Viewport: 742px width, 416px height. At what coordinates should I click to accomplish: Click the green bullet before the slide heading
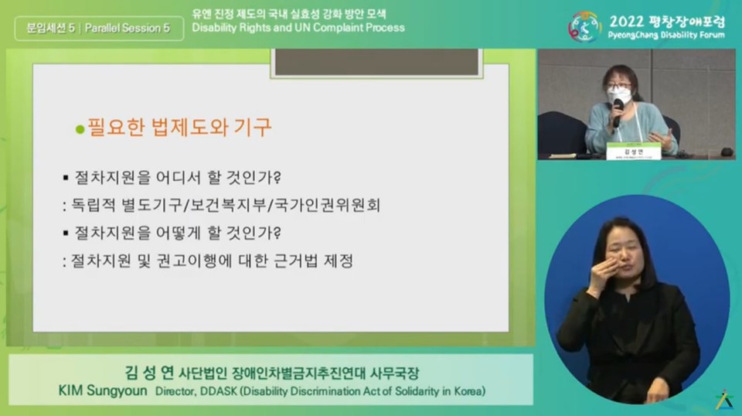pyautogui.click(x=79, y=129)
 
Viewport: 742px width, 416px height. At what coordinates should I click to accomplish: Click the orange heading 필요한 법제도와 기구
pyautogui.click(x=179, y=127)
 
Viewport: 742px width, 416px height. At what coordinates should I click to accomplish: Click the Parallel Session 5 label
pyautogui.click(x=128, y=29)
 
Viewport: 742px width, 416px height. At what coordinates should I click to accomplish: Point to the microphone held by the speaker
pyautogui.click(x=618, y=111)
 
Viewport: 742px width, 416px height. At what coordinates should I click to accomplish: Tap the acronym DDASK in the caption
pyautogui.click(x=217, y=391)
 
